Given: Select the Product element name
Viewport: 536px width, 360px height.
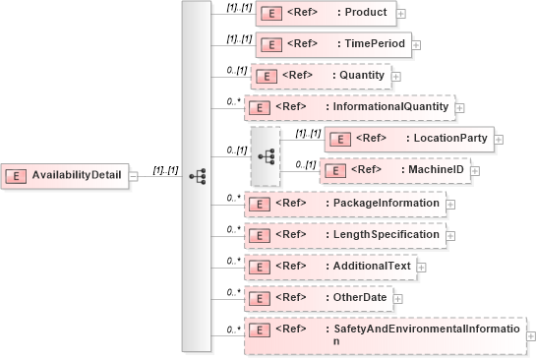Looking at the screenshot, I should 366,14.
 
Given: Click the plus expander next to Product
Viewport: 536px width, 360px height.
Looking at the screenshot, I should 402,15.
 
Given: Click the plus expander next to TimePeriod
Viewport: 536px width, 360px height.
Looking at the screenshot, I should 416,45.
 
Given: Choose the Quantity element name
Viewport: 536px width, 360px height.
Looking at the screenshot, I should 363,76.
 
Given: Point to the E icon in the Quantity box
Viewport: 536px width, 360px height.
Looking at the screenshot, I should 264,76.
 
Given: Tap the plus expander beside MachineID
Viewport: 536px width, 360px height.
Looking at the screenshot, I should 474,171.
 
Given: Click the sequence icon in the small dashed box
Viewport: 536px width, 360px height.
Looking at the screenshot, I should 266,155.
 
